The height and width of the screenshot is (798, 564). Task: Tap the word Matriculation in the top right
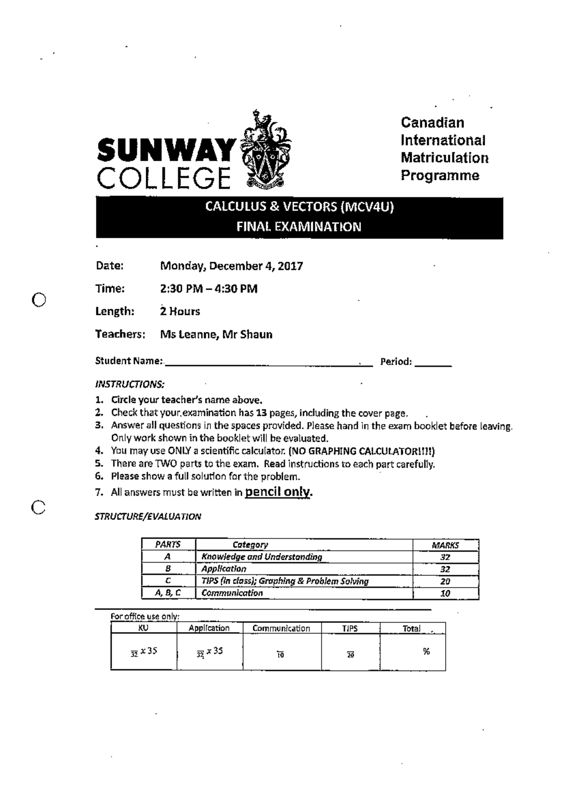444,158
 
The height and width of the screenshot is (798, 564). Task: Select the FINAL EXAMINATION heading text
299,227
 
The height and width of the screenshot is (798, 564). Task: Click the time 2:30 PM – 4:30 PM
209,289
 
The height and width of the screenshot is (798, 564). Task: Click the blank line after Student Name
268,363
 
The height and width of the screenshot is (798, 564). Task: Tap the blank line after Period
433,363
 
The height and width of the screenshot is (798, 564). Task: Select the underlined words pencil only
278,492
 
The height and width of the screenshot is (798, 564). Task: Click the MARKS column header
445,545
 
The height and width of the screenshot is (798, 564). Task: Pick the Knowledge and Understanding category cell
262,557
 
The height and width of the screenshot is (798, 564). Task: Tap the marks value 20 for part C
445,581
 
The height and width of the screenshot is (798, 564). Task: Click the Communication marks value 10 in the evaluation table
445,594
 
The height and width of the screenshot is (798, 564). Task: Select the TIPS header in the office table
350,628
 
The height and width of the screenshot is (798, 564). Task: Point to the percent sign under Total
426,651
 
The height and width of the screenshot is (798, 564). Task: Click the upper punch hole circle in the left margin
39,299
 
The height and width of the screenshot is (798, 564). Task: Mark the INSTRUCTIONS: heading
130,384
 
